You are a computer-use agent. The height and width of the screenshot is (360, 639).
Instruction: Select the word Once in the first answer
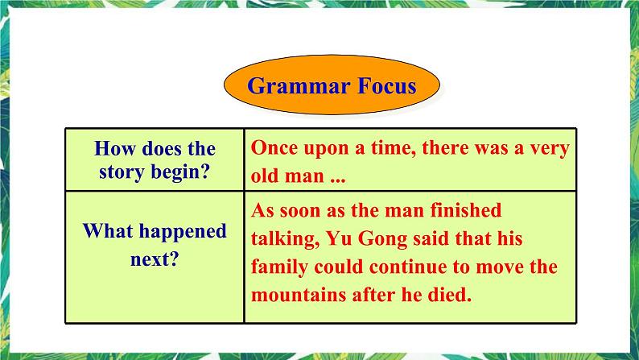pyautogui.click(x=274, y=148)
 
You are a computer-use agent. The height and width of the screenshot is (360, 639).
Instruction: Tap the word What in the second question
pyautogui.click(x=110, y=232)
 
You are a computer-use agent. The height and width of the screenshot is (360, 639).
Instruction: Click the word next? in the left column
pyautogui.click(x=155, y=260)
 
